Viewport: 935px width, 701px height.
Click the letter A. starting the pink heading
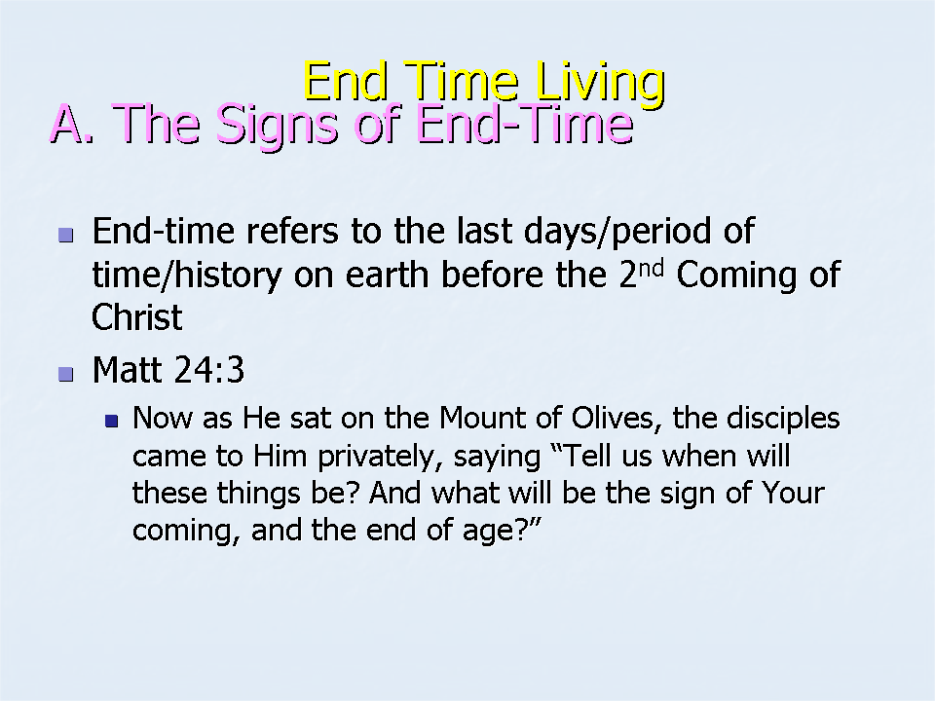coord(72,124)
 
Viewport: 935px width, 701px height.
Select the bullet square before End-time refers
coord(66,235)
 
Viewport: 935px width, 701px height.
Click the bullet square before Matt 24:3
coord(66,374)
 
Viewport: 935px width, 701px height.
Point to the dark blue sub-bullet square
coord(111,422)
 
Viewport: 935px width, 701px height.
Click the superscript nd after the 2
coord(651,269)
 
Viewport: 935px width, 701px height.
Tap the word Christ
coord(136,316)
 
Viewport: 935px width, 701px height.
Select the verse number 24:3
coord(210,370)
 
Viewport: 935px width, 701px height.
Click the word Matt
coord(127,370)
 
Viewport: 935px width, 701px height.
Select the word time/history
coord(187,276)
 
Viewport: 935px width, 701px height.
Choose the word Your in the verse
coord(793,493)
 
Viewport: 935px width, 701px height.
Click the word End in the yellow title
coord(346,82)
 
